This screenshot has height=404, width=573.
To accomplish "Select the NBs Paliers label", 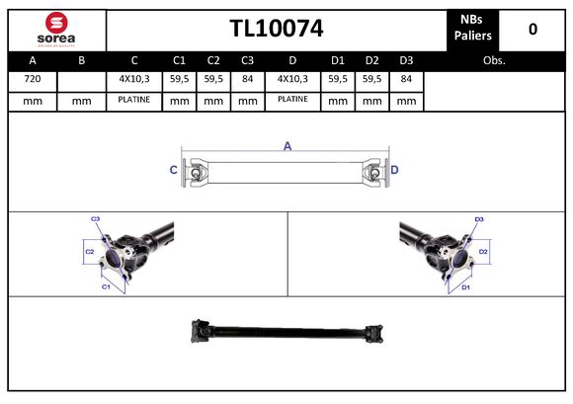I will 475,29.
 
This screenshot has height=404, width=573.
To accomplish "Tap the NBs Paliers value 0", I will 532,29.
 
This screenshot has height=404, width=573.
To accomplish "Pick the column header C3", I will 247,60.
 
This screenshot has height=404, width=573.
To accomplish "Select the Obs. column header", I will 494,60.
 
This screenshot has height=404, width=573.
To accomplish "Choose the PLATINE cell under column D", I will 292,100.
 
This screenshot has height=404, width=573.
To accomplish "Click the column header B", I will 82,60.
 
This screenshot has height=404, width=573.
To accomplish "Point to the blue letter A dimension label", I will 287,146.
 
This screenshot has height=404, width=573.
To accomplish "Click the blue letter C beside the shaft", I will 174,170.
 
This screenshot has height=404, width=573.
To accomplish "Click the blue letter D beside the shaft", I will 394,170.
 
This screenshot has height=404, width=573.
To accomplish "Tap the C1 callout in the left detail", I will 106,286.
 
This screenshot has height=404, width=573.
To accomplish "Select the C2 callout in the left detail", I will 88,252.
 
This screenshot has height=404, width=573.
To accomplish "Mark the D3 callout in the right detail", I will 479,218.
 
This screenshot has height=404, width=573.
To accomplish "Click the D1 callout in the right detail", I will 466,286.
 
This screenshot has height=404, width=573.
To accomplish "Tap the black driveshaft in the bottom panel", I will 286,330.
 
